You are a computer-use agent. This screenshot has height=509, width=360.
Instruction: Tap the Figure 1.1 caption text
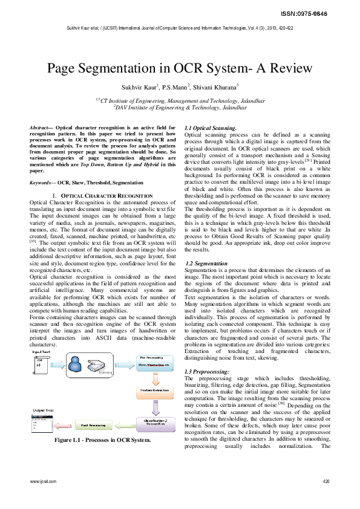102,441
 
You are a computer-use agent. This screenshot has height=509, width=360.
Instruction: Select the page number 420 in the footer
326,481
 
